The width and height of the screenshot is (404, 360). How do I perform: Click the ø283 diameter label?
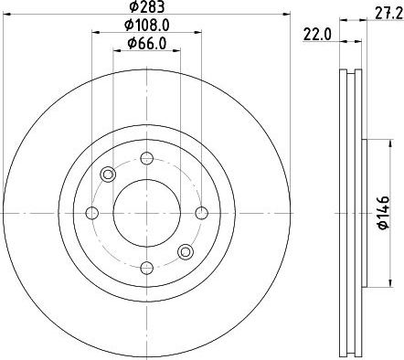pyautogui.click(x=147, y=6)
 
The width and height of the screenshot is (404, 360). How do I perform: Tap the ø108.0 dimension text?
pyautogui.click(x=146, y=26)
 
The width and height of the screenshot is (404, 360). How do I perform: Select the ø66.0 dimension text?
pyautogui.click(x=147, y=44)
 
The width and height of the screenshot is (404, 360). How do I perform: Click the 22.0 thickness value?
pyautogui.click(x=317, y=35)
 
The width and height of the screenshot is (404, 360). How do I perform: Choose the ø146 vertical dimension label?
pyautogui.click(x=383, y=212)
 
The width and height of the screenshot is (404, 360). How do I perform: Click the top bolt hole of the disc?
pyautogui.click(x=146, y=158)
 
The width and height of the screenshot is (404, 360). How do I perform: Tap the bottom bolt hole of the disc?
pyautogui.click(x=146, y=268)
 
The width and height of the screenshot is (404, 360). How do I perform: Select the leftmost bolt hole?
pyautogui.click(x=92, y=213)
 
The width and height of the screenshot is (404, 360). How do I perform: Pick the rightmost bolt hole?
pyautogui.click(x=201, y=213)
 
